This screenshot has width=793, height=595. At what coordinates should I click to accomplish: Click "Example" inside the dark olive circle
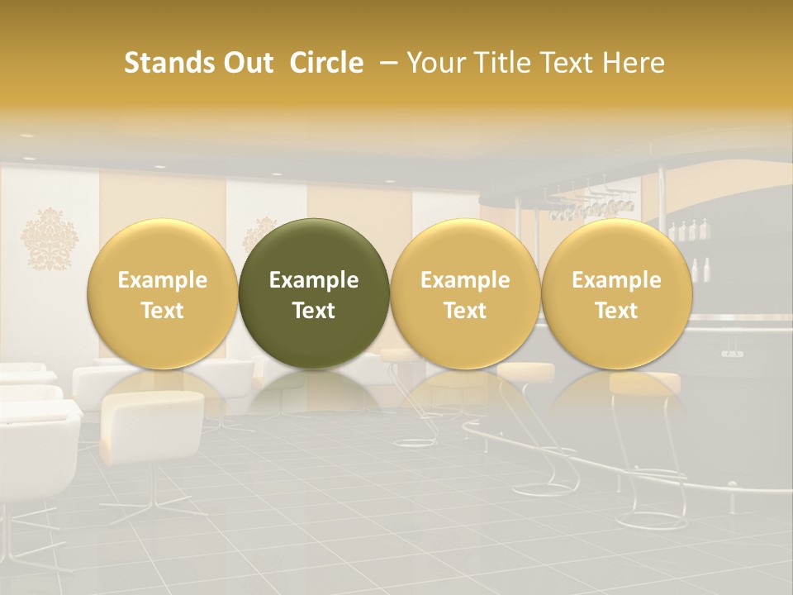(x=314, y=280)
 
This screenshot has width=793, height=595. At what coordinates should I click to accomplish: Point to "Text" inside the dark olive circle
(x=314, y=311)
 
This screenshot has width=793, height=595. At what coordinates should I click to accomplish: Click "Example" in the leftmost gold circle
(x=163, y=280)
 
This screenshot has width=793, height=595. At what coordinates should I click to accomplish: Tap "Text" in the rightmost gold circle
(x=617, y=311)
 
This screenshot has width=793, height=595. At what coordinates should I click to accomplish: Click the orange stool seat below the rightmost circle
(x=644, y=382)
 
